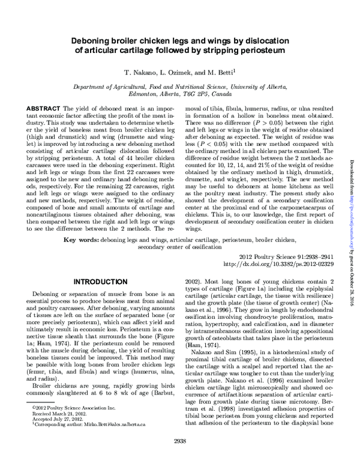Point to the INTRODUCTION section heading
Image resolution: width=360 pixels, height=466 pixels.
pos(115,282)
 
